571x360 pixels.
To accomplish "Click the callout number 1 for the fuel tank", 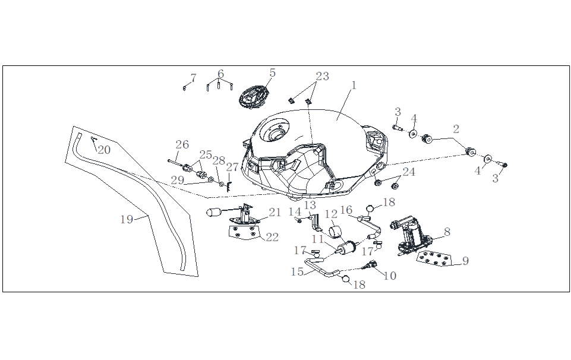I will [x=354, y=86].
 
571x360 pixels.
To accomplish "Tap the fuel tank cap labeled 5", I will [x=254, y=97].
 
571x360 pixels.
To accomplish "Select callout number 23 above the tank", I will [x=322, y=77].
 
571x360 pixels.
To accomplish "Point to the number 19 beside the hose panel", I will [x=127, y=219].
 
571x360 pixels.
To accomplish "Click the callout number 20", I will [x=104, y=150].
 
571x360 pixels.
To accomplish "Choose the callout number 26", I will [x=182, y=144].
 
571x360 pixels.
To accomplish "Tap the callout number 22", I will [x=272, y=237].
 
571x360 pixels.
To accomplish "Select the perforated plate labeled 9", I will [x=436, y=260].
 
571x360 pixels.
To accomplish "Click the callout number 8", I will [x=447, y=232].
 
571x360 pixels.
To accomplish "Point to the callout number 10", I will [x=390, y=276].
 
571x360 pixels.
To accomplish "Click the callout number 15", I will [x=298, y=271].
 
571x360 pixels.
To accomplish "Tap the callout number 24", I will [x=409, y=172].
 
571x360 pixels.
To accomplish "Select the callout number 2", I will [x=456, y=129].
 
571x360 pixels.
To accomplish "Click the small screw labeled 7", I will [x=185, y=88].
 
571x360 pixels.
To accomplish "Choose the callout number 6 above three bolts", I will [x=220, y=74].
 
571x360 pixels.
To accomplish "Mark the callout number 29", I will [x=178, y=179].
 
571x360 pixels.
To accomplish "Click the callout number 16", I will [x=346, y=210].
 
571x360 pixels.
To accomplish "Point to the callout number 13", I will [x=310, y=205].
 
